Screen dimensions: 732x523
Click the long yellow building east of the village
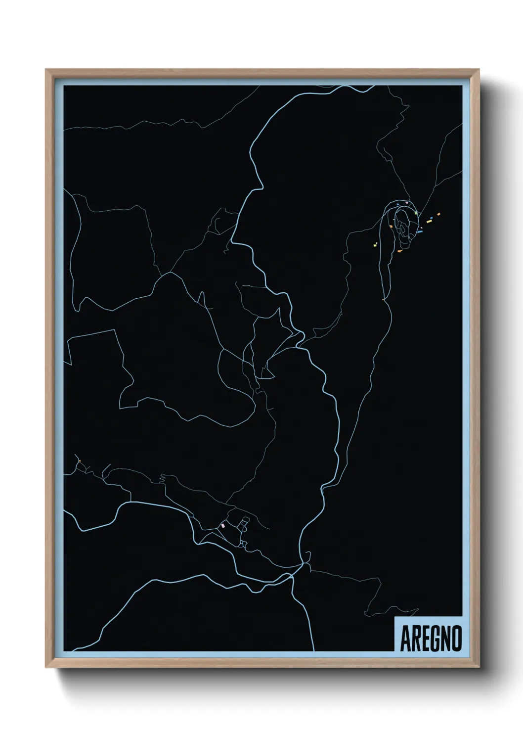point(429,221)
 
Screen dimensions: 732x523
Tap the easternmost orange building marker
point(438,214)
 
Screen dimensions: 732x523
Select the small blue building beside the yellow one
point(432,217)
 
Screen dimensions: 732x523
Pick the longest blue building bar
point(420,231)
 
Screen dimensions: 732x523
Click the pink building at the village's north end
point(406,202)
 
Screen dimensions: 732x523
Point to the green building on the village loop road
point(416,213)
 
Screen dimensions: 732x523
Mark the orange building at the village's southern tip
point(399,251)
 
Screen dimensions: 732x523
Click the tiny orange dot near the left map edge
point(79,461)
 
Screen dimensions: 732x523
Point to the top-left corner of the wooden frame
point(46,70)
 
